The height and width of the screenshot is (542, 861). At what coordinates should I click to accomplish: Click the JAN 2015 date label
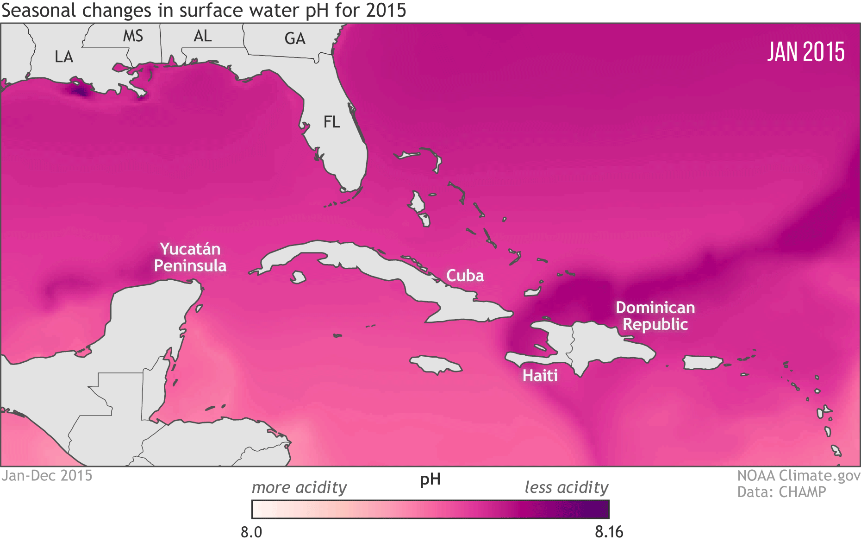(x=805, y=52)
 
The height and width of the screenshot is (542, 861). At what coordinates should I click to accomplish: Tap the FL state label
(x=331, y=122)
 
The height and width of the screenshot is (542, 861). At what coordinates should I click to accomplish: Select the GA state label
(x=295, y=38)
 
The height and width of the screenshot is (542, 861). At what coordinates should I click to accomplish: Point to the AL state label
(x=202, y=36)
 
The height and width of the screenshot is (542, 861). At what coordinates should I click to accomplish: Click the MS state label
(x=133, y=36)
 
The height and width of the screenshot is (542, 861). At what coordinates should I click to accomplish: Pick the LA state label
(x=64, y=57)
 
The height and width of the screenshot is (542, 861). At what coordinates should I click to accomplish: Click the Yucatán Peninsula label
(x=190, y=258)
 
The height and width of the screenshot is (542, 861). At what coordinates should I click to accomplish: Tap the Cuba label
(x=465, y=276)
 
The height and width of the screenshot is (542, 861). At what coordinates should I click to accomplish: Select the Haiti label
(x=540, y=375)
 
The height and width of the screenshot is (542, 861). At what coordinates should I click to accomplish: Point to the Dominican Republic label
(x=655, y=316)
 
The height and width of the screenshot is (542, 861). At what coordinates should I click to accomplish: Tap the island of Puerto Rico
(x=702, y=362)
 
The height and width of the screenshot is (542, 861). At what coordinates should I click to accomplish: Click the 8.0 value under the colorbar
(x=251, y=532)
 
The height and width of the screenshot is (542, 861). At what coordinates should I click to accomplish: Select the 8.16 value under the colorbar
(x=609, y=532)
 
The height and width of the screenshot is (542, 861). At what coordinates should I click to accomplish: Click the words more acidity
(x=299, y=487)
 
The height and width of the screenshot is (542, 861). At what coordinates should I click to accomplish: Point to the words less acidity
(x=566, y=487)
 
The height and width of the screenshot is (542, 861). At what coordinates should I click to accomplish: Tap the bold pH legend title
(x=430, y=479)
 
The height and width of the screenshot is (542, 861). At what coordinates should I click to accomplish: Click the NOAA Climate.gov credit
(x=799, y=476)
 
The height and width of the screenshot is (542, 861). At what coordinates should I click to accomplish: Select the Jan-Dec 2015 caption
(x=47, y=476)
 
